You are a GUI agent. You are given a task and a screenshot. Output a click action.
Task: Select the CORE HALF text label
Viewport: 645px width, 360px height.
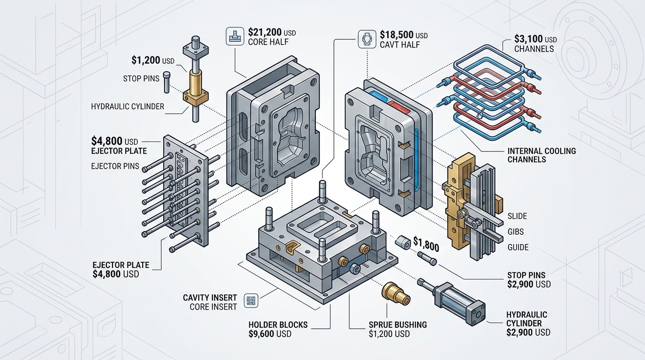[268, 42]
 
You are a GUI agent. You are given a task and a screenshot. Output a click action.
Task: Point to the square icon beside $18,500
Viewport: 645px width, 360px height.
[366, 39]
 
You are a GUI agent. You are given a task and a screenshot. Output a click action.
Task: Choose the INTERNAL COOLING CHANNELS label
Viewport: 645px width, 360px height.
[541, 155]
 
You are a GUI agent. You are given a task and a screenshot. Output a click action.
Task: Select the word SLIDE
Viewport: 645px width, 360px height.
[517, 216]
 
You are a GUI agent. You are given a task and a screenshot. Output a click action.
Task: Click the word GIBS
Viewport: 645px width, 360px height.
[515, 232]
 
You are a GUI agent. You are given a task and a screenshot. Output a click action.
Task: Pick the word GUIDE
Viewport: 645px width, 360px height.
[518, 247]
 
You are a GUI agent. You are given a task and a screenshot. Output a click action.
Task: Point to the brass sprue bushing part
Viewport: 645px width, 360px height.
[395, 293]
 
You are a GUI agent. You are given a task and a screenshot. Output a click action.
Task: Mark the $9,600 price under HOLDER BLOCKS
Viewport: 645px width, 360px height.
[270, 334]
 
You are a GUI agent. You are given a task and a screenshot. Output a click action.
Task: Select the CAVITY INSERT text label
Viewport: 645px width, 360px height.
[210, 298]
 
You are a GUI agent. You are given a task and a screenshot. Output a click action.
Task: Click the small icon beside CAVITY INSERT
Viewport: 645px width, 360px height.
[252, 300]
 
